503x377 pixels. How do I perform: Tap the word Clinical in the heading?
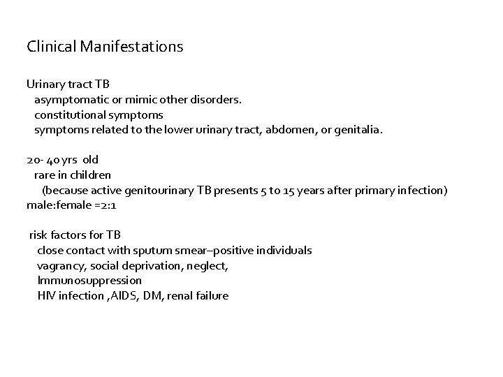tap(53, 47)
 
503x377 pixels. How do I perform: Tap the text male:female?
tap(54, 205)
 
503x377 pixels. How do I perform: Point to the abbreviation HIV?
tap(47, 295)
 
